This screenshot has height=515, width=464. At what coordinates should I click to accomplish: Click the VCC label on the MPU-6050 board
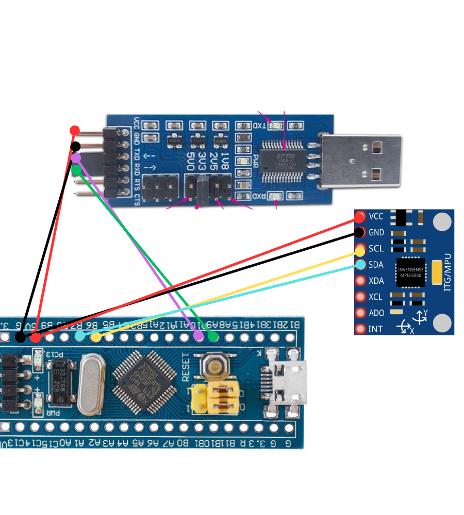(x=376, y=217)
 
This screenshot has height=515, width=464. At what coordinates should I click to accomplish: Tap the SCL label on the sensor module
(x=376, y=249)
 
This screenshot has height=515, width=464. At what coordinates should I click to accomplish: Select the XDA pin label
(x=376, y=281)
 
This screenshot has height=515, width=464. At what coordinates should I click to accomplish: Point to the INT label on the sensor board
(x=376, y=329)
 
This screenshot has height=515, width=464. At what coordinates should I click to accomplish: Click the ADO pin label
(x=376, y=313)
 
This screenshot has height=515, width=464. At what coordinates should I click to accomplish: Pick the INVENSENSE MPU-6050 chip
(x=410, y=272)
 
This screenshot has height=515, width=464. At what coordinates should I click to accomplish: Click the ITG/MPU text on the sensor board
(x=447, y=271)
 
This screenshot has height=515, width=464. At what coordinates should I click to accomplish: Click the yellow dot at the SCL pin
(x=360, y=251)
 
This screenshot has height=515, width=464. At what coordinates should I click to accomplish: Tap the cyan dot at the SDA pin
(x=360, y=265)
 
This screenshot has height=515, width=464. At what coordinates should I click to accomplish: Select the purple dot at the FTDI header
(x=76, y=158)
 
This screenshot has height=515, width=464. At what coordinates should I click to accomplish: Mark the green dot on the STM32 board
(x=213, y=337)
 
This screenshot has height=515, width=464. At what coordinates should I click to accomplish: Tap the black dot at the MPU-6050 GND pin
(x=359, y=232)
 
